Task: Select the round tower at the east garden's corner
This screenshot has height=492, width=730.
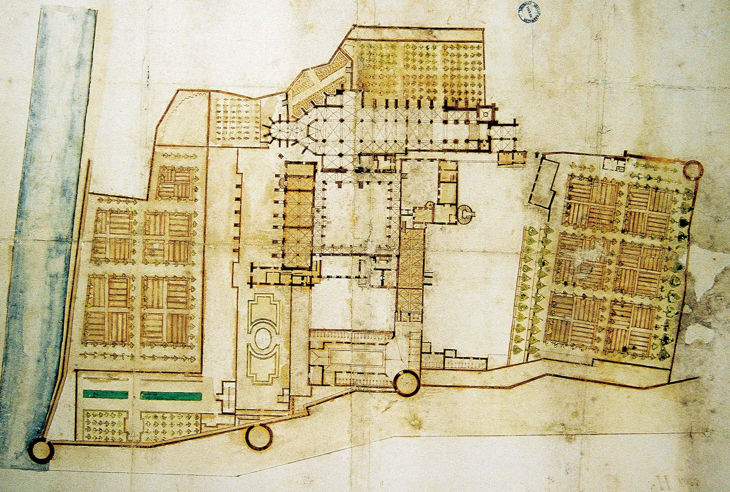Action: pos(693,170)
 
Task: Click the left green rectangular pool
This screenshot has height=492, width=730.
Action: pos(107,395)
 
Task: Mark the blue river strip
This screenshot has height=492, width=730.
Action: pos(50,228)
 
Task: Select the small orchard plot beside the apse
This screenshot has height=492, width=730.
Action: pos(237,119)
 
